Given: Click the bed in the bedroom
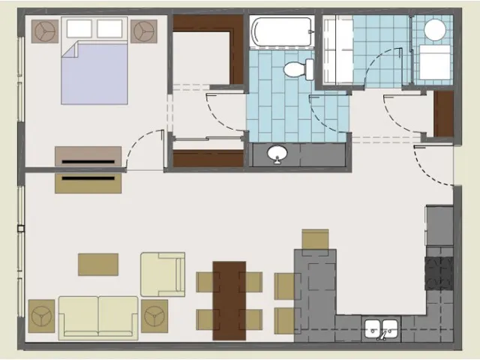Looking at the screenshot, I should [94, 72].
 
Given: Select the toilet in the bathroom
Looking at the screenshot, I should [298, 69].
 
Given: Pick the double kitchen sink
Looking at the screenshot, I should [382, 329].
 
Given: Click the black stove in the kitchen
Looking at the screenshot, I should [439, 273].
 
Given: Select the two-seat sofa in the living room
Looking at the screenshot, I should [98, 316].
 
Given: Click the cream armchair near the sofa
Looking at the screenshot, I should [163, 274].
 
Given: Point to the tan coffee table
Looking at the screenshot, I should [98, 264].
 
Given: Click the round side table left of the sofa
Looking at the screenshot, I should [41, 314].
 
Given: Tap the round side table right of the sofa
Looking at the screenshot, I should [154, 314].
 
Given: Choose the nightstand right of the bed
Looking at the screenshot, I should [144, 31].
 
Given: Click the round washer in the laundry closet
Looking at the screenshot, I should [434, 30].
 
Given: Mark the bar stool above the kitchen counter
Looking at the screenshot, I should [315, 239].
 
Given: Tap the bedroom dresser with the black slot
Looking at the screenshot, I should [88, 156].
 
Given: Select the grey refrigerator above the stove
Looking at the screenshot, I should [439, 225].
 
